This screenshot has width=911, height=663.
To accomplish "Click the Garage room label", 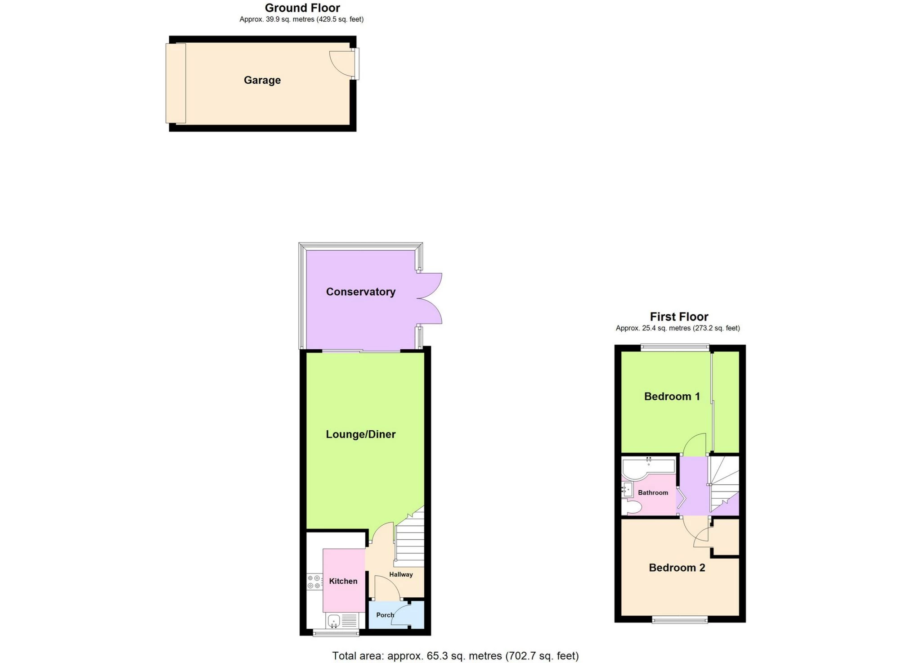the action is (x=262, y=80).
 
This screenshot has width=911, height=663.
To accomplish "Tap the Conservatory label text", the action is (x=361, y=292).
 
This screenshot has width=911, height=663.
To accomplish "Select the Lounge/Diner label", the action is (x=361, y=434).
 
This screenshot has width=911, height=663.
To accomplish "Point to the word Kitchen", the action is (x=343, y=581).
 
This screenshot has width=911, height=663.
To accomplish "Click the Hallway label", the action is (x=401, y=574).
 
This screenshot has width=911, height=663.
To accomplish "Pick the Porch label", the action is (x=385, y=615).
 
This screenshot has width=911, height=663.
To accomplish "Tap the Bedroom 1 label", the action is (x=672, y=397).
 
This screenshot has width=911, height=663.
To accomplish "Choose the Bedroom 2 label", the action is (x=677, y=568).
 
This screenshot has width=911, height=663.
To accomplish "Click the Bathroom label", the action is (x=653, y=493).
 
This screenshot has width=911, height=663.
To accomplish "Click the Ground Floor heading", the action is (x=302, y=8).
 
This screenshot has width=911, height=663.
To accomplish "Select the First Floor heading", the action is (x=679, y=317).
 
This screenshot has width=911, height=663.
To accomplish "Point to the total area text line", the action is (x=455, y=656).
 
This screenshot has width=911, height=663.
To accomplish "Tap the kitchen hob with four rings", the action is (x=314, y=582).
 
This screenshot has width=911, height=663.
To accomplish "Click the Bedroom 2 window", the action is (x=679, y=620).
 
